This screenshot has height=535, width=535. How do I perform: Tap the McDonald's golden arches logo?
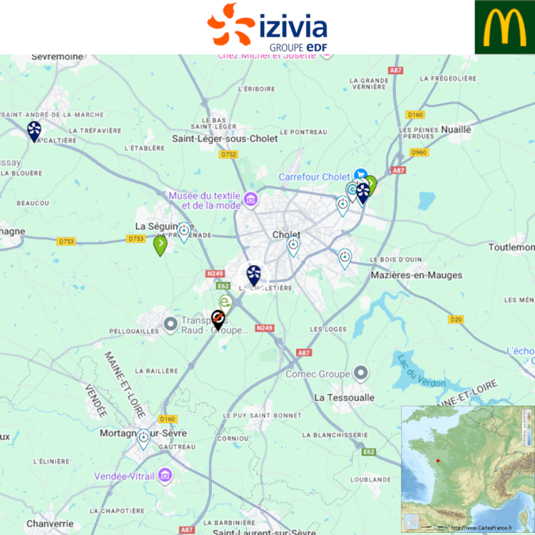coord(505,27)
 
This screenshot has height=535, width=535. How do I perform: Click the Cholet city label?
coord(285,235)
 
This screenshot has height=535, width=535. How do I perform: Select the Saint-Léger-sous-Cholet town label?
coord(225,138)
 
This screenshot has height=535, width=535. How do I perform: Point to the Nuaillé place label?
coord(457,129)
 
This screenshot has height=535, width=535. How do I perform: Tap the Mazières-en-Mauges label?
coord(417,275)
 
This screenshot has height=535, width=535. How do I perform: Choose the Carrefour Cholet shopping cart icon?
coord(361,175)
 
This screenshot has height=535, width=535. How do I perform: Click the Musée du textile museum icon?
coord(250,199)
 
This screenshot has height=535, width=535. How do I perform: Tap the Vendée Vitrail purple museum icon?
coord(165,474)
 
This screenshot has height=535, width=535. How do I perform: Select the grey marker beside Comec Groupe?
coord(361,373)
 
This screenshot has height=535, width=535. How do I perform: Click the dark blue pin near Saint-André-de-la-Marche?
coord(34,130)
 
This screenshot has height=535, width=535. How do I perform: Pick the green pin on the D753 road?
coord(160,245)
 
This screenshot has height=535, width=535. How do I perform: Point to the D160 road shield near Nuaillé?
coord(414,114)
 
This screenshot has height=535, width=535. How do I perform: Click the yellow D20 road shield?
coord(457,319)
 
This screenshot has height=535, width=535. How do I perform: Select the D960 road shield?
coord(419,153)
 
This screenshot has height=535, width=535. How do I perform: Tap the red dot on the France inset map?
coord(438,460)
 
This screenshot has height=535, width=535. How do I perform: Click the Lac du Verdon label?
coord(422,372)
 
